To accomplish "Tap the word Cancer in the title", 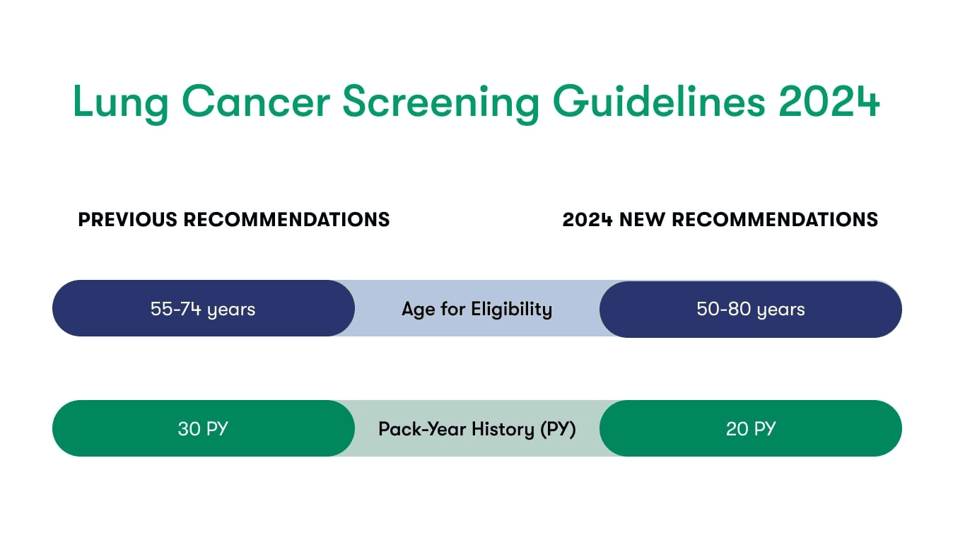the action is tap(256, 101).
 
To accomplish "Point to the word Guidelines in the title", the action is tap(659, 101).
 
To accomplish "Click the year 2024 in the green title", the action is tap(829, 101).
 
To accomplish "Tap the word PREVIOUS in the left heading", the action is tap(128, 220).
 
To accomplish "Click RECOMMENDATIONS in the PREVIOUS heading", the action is tap(286, 220).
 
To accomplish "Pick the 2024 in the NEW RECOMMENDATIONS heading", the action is tap(587, 220).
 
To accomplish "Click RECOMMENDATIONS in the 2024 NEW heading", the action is tap(775, 220).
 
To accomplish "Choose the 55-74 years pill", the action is tap(204, 308).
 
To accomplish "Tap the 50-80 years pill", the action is tap(751, 309).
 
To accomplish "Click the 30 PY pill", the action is tap(204, 428).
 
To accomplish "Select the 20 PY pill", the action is tap(751, 428).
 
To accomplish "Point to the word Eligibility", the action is tap(512, 310).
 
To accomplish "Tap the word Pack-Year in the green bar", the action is tap(422, 429).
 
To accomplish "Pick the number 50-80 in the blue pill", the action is tap(723, 309).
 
